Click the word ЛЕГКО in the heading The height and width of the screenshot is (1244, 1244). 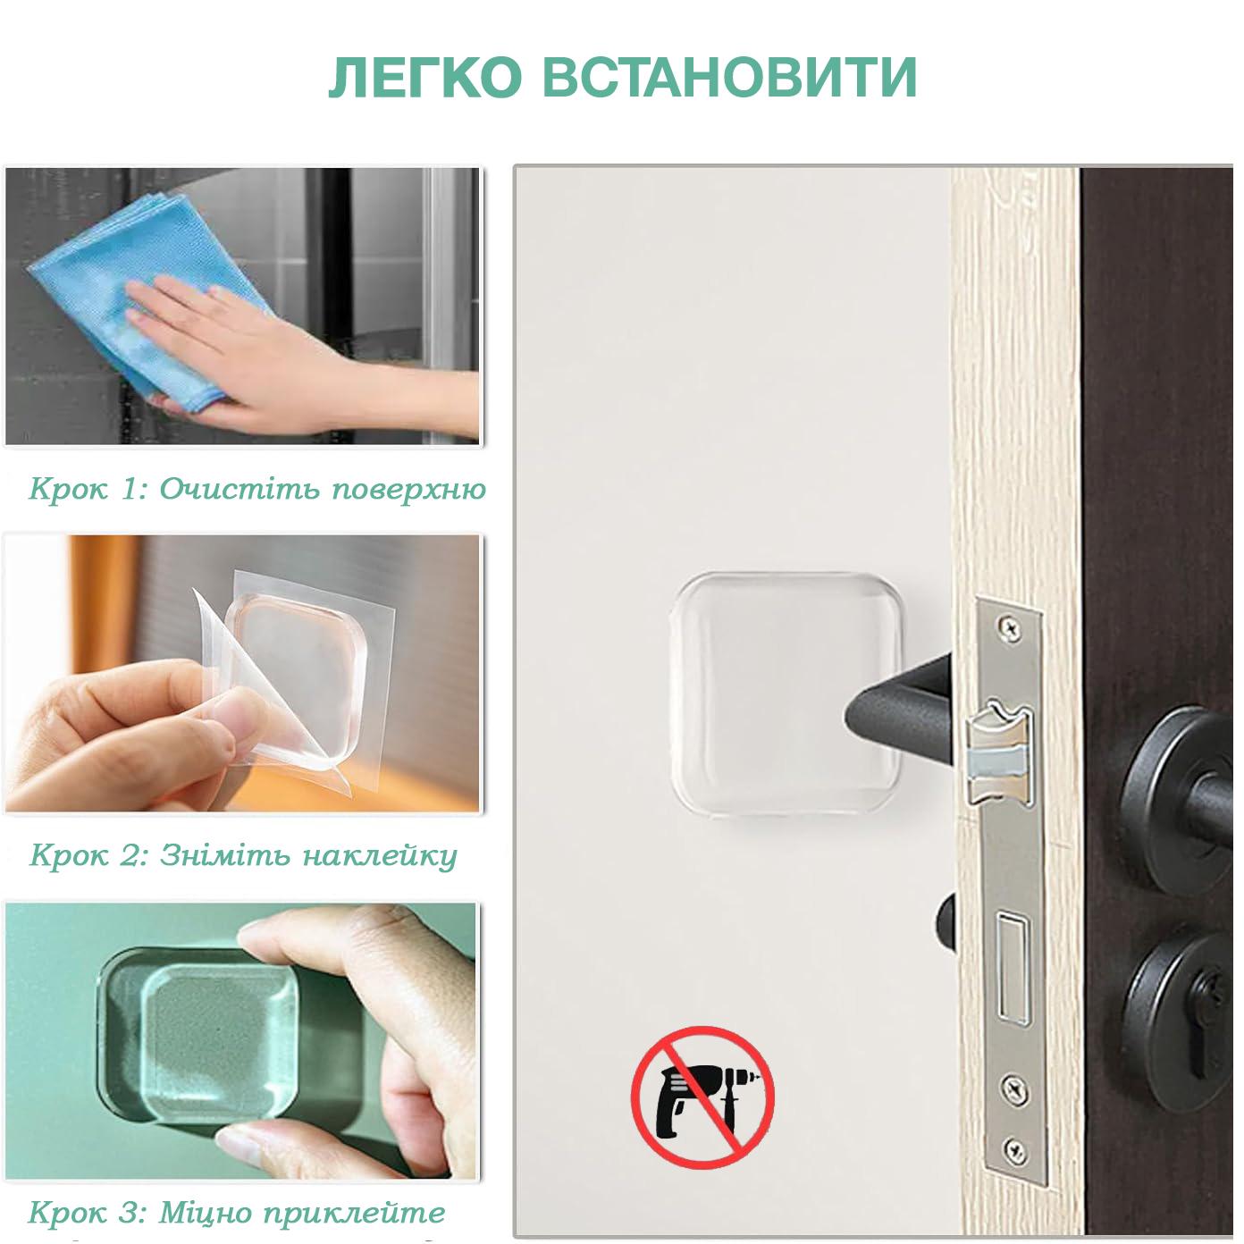click(424, 78)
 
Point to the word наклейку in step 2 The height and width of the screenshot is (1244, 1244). click(380, 855)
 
